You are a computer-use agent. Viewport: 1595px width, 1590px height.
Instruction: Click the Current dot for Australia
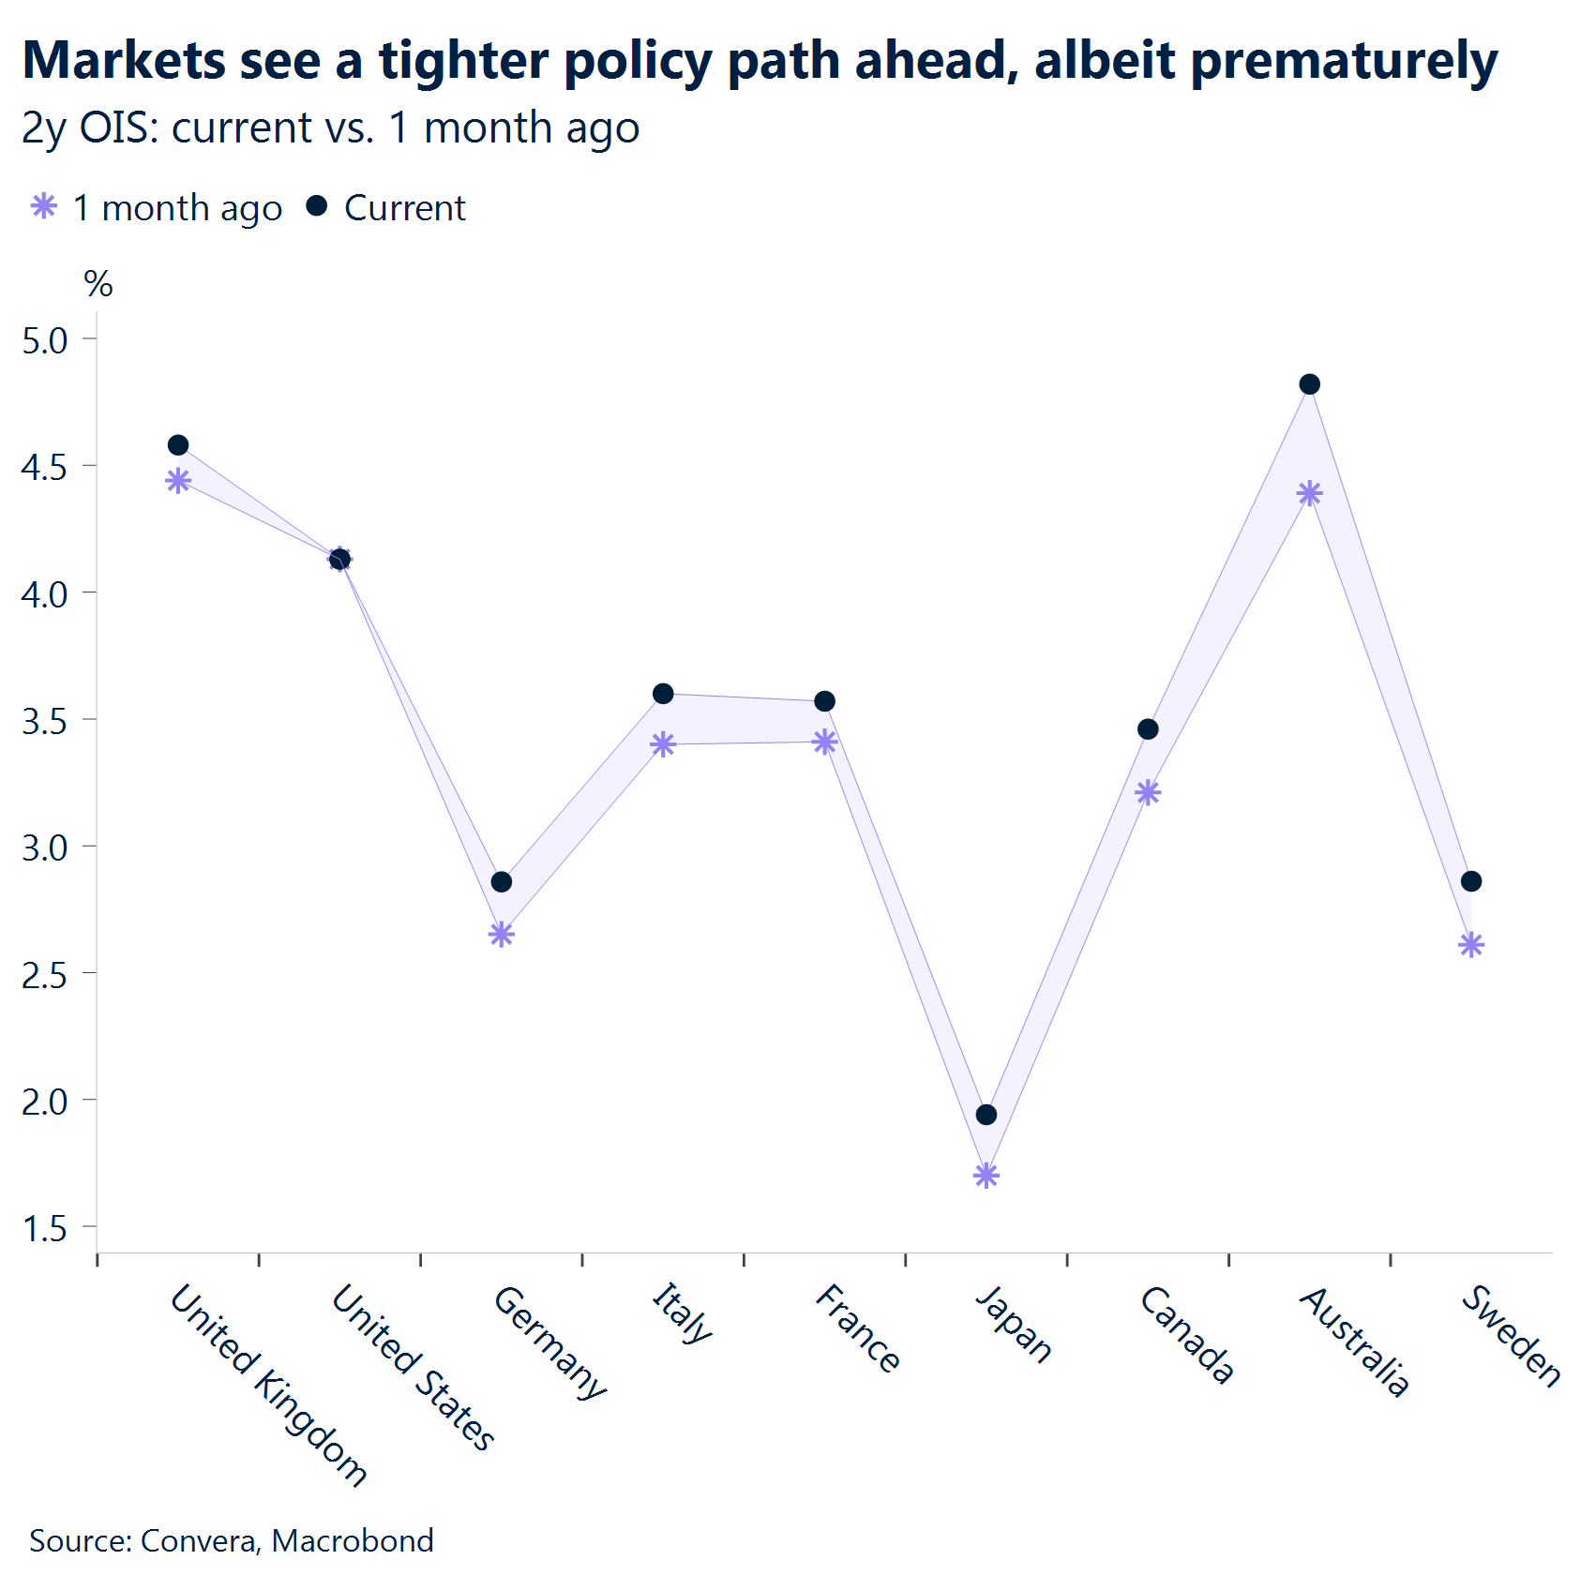pos(1310,384)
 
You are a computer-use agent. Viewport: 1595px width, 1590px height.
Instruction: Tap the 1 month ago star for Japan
pos(986,1175)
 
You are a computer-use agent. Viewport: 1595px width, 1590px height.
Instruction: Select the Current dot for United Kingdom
pos(178,444)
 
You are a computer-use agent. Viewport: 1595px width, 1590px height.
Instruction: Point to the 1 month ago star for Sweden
pos(1471,944)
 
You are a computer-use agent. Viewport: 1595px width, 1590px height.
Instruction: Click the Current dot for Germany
pos(502,882)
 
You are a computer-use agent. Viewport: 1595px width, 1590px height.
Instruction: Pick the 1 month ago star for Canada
pos(1148,793)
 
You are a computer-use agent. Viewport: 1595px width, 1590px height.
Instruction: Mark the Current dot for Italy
pos(663,694)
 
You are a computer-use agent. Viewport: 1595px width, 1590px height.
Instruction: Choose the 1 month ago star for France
pos(825,742)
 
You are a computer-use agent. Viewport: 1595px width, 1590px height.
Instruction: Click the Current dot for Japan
pos(986,1115)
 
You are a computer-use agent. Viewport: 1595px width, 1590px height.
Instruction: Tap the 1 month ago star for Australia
pos(1310,493)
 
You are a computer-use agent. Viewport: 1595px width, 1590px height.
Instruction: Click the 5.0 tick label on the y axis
pos(45,340)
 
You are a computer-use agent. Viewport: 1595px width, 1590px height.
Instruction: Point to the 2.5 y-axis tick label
pos(45,975)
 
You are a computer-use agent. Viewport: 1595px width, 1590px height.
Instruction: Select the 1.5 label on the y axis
pos(45,1228)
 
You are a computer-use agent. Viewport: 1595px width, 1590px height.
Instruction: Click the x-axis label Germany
pos(549,1342)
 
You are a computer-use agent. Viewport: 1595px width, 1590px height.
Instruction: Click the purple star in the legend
pos(44,206)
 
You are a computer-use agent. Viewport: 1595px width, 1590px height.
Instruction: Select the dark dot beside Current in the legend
pos(317,205)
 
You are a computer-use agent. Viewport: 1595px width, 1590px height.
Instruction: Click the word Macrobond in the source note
pos(353,1540)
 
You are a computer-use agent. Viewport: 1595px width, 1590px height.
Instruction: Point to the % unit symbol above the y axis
pos(98,283)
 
